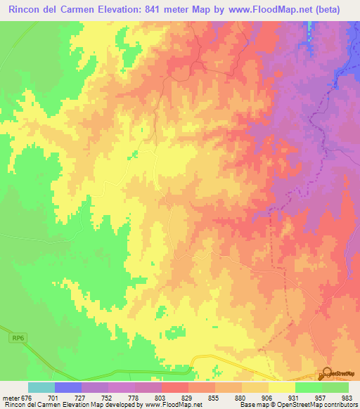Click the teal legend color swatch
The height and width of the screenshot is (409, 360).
pos(41,387)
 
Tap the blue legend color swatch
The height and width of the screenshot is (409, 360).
pos(68,387)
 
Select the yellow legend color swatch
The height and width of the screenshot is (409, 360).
pos(282,387)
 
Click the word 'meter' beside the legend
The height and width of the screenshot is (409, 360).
pos(11,397)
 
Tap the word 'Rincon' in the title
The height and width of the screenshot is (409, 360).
pos(27,10)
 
